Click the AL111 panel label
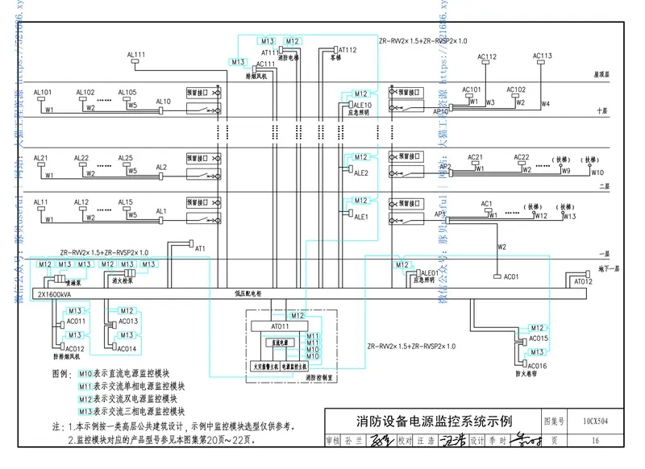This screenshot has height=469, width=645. coord(136,55)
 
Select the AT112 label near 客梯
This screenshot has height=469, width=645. coord(347,50)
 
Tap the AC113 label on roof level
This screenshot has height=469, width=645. coord(543,56)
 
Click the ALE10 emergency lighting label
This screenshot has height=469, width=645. coord(362,105)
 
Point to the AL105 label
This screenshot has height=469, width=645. coord(127,92)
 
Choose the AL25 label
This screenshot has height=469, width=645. coord(126,158)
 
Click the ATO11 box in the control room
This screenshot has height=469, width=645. coord(280,326)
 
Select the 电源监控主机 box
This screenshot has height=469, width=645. coord(298,366)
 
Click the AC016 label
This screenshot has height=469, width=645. coord(537,366)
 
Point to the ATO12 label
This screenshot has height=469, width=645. coord(583,281)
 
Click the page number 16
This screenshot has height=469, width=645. coord(595,441)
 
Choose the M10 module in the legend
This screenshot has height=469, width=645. coord(86,374)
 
